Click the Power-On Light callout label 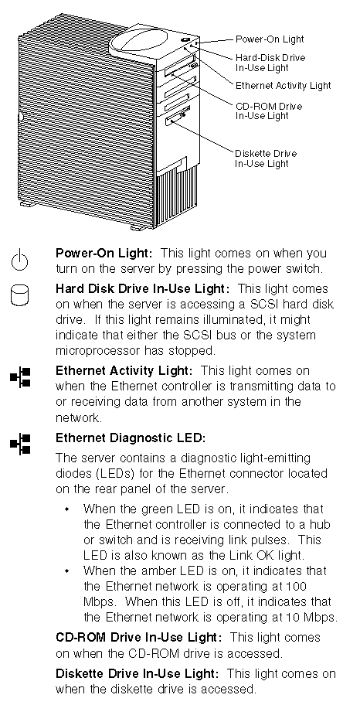270,39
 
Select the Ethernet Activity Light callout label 284,86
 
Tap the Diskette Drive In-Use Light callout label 266,158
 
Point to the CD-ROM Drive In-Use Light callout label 269,111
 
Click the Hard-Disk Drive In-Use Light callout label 270,63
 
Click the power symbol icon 20,261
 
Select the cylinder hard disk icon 20,295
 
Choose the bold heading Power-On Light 104,253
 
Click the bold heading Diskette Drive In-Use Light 137,673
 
